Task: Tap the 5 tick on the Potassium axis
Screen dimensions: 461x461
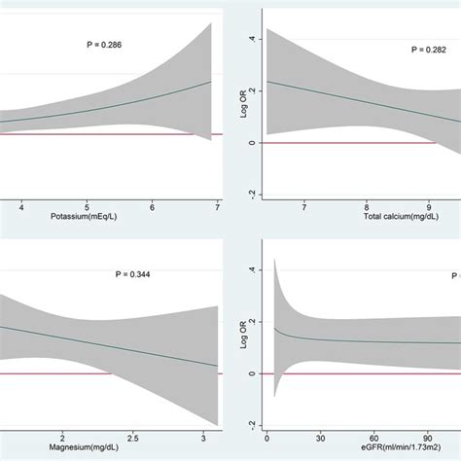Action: [87, 206]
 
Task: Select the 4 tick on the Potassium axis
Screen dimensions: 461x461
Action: [21, 206]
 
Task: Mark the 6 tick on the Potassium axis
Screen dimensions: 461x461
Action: [153, 206]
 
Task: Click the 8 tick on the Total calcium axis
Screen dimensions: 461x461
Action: [367, 206]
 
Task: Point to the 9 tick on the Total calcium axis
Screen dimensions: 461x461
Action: [429, 206]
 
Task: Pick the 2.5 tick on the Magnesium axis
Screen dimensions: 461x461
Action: [133, 437]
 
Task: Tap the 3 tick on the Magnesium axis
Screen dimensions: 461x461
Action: [203, 437]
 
